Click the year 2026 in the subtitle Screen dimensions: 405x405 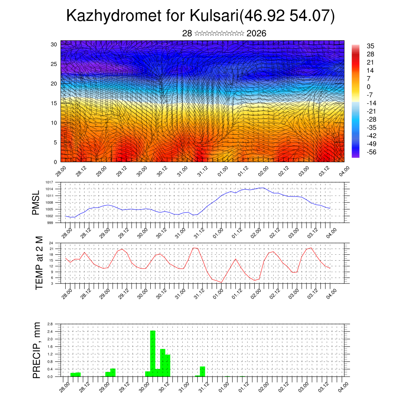pos(256,34)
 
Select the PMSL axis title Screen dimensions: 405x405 pos(36,203)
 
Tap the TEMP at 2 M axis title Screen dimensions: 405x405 pos(39,263)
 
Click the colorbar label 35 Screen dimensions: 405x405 pos(371,46)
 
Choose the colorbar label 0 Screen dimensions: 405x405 pos(369,87)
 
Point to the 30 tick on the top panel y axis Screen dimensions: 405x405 pos(54,44)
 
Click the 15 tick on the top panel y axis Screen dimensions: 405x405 pos(54,103)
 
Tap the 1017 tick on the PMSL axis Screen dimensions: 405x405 pos(49,182)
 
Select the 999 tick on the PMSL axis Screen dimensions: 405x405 pos(51,223)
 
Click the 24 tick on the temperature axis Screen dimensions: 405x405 pos(51,243)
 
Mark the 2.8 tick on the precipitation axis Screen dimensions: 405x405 pos(50,324)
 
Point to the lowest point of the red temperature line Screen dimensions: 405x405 pos(221,282)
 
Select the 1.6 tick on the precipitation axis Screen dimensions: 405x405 pos(50,346)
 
